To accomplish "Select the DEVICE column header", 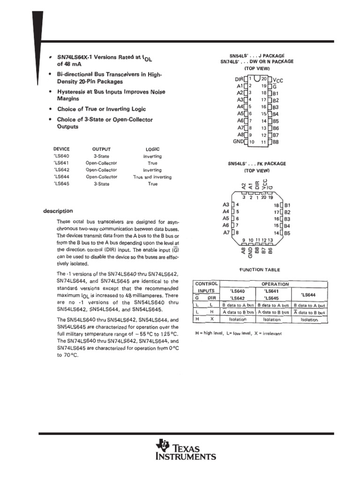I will [x=61, y=149].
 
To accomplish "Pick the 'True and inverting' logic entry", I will [x=152, y=177].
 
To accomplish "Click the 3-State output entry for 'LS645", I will [x=101, y=184].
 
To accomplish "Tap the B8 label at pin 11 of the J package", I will [x=276, y=142].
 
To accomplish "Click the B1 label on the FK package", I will [x=288, y=205].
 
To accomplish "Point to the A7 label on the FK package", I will [x=226, y=232].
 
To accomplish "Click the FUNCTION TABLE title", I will [x=260, y=270].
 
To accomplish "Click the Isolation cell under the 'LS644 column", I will [x=309, y=320].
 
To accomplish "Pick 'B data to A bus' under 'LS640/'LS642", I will [x=238, y=305].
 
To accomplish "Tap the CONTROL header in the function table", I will [x=206, y=284].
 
